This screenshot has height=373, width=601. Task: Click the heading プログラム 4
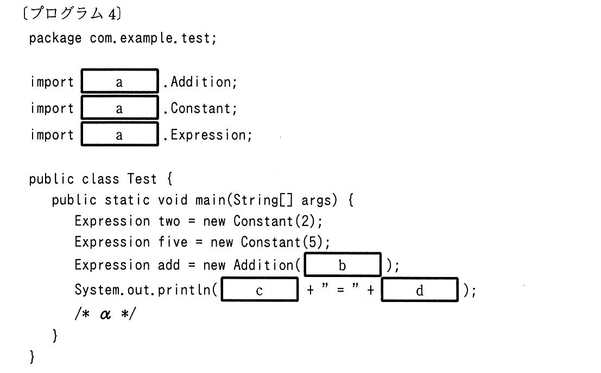72,14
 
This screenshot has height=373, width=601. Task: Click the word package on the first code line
55,38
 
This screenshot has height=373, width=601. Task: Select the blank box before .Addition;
119,81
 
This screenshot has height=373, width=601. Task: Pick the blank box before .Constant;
119,108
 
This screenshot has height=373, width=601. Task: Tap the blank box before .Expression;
119,134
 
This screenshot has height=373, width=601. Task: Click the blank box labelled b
343,265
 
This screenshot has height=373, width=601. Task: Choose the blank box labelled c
260,290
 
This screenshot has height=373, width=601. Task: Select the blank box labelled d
420,290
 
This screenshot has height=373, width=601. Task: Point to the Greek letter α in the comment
105,314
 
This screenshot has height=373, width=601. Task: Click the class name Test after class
142,179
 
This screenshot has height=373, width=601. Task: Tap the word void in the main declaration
173,200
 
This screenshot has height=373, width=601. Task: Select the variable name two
169,222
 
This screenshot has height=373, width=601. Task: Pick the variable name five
173,242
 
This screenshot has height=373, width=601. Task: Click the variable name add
169,265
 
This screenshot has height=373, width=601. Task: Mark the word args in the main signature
315,200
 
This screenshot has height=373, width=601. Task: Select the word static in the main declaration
127,200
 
